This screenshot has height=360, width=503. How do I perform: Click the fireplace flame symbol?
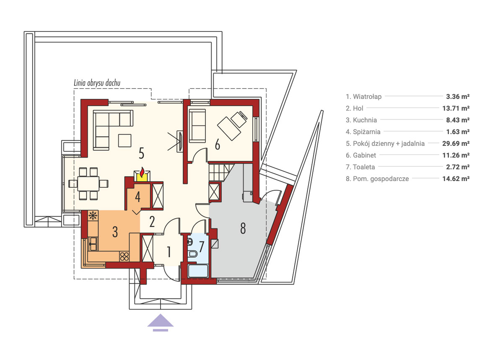(x=142, y=172)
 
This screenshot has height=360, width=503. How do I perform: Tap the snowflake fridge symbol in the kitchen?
(x=93, y=215)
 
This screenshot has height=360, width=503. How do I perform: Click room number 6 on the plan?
(x=218, y=145)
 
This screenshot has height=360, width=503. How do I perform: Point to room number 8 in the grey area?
(x=243, y=228)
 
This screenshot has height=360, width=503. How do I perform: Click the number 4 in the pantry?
(x=137, y=197)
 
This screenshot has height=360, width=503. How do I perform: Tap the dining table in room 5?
(x=88, y=184)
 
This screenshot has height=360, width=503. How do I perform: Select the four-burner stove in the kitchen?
(x=124, y=256)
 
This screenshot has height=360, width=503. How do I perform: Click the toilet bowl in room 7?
(x=193, y=254)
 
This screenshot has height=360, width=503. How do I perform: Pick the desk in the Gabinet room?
(x=229, y=129)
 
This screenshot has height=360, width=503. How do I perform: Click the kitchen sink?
(x=93, y=243)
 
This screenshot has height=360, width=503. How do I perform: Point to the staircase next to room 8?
(x=219, y=173)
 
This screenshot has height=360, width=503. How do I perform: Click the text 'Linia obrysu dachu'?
(x=97, y=83)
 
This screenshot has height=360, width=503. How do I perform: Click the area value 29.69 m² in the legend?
(x=456, y=143)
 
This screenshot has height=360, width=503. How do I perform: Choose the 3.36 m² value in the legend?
(x=458, y=96)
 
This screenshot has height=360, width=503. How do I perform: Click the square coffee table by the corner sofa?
(x=124, y=140)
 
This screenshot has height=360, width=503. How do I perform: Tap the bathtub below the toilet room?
(x=198, y=271)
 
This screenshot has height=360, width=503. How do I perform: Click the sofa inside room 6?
(x=197, y=126)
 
